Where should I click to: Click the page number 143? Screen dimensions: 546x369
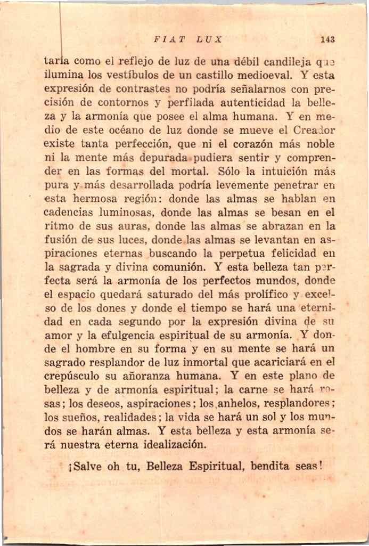tap(328, 39)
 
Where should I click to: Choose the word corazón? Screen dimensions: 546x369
tap(228, 144)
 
